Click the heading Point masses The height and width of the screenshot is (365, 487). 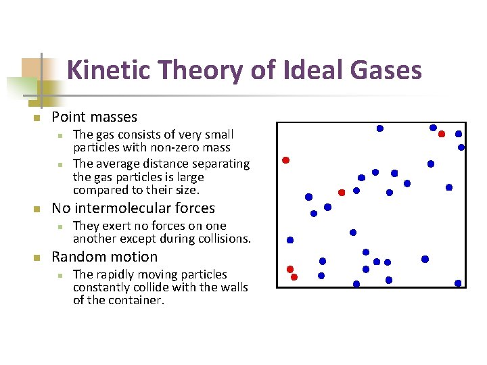(94, 117)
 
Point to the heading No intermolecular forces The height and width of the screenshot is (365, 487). (133, 208)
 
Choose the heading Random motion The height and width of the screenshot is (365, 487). (104, 257)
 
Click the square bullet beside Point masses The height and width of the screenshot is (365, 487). (38, 118)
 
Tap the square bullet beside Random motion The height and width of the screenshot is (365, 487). (38, 258)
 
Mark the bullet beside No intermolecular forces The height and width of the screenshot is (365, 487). (38, 210)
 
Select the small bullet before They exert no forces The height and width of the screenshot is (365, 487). (60, 226)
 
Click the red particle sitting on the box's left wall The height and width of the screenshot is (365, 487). (285, 160)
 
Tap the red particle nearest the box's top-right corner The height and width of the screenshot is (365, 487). (442, 134)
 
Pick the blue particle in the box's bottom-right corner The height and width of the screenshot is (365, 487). (458, 283)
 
